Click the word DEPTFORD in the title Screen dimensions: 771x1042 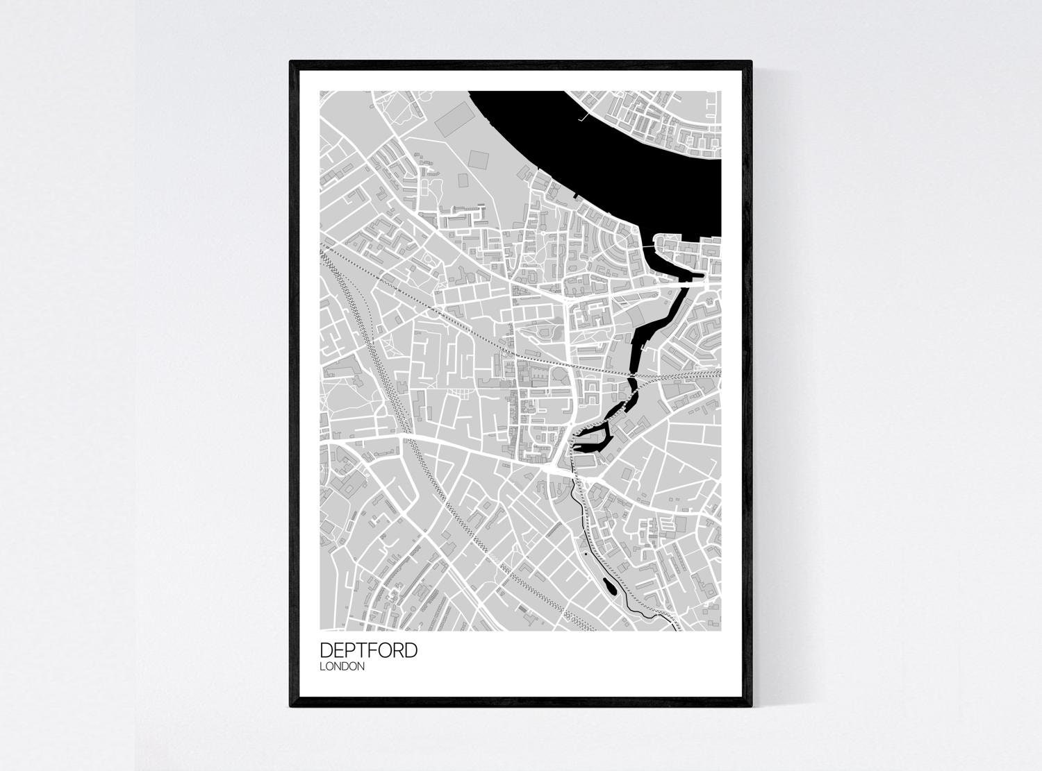(368, 650)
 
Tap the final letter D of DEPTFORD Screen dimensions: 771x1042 (411, 650)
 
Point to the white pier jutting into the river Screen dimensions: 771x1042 (585, 117)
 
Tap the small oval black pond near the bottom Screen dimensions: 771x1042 (609, 587)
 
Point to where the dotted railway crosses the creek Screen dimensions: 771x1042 (632, 379)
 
